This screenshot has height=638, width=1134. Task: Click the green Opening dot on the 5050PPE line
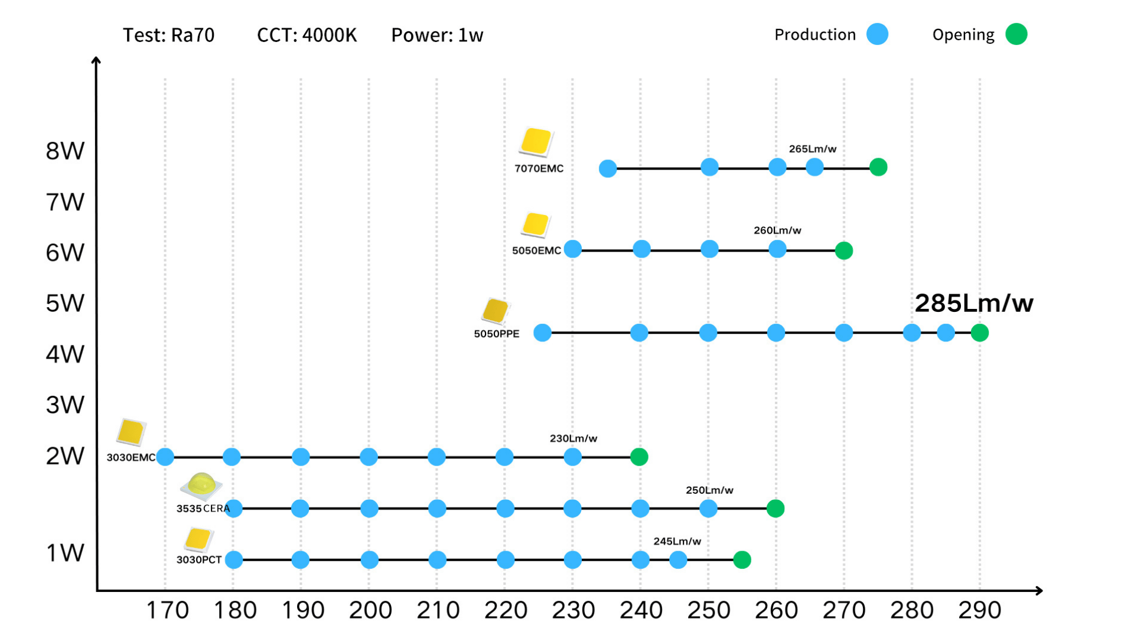point(979,333)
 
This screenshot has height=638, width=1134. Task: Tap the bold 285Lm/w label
point(973,303)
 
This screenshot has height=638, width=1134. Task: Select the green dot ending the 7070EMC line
point(878,167)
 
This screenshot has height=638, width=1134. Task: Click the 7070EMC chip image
point(536,142)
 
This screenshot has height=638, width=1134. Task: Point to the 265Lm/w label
point(812,149)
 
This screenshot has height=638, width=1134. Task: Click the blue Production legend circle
point(877,34)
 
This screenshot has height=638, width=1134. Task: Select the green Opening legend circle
point(1016,34)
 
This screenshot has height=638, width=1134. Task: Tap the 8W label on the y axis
point(65,151)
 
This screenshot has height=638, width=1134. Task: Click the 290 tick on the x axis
point(979,610)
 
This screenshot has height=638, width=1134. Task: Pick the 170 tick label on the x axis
point(167,610)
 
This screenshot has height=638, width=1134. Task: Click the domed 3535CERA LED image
point(201,485)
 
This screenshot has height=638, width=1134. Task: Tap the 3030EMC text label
point(131,457)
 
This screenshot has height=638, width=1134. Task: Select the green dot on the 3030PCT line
point(742,559)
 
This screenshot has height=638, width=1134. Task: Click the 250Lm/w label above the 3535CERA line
point(709,490)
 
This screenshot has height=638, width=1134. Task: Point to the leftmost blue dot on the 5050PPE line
point(542,333)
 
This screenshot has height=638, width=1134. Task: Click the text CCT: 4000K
point(307,35)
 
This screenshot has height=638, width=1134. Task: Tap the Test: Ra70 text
point(168,35)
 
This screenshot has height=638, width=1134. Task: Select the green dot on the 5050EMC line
point(843,250)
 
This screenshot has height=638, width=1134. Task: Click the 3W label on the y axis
point(65,405)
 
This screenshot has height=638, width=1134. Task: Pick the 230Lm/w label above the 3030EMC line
point(573,438)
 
